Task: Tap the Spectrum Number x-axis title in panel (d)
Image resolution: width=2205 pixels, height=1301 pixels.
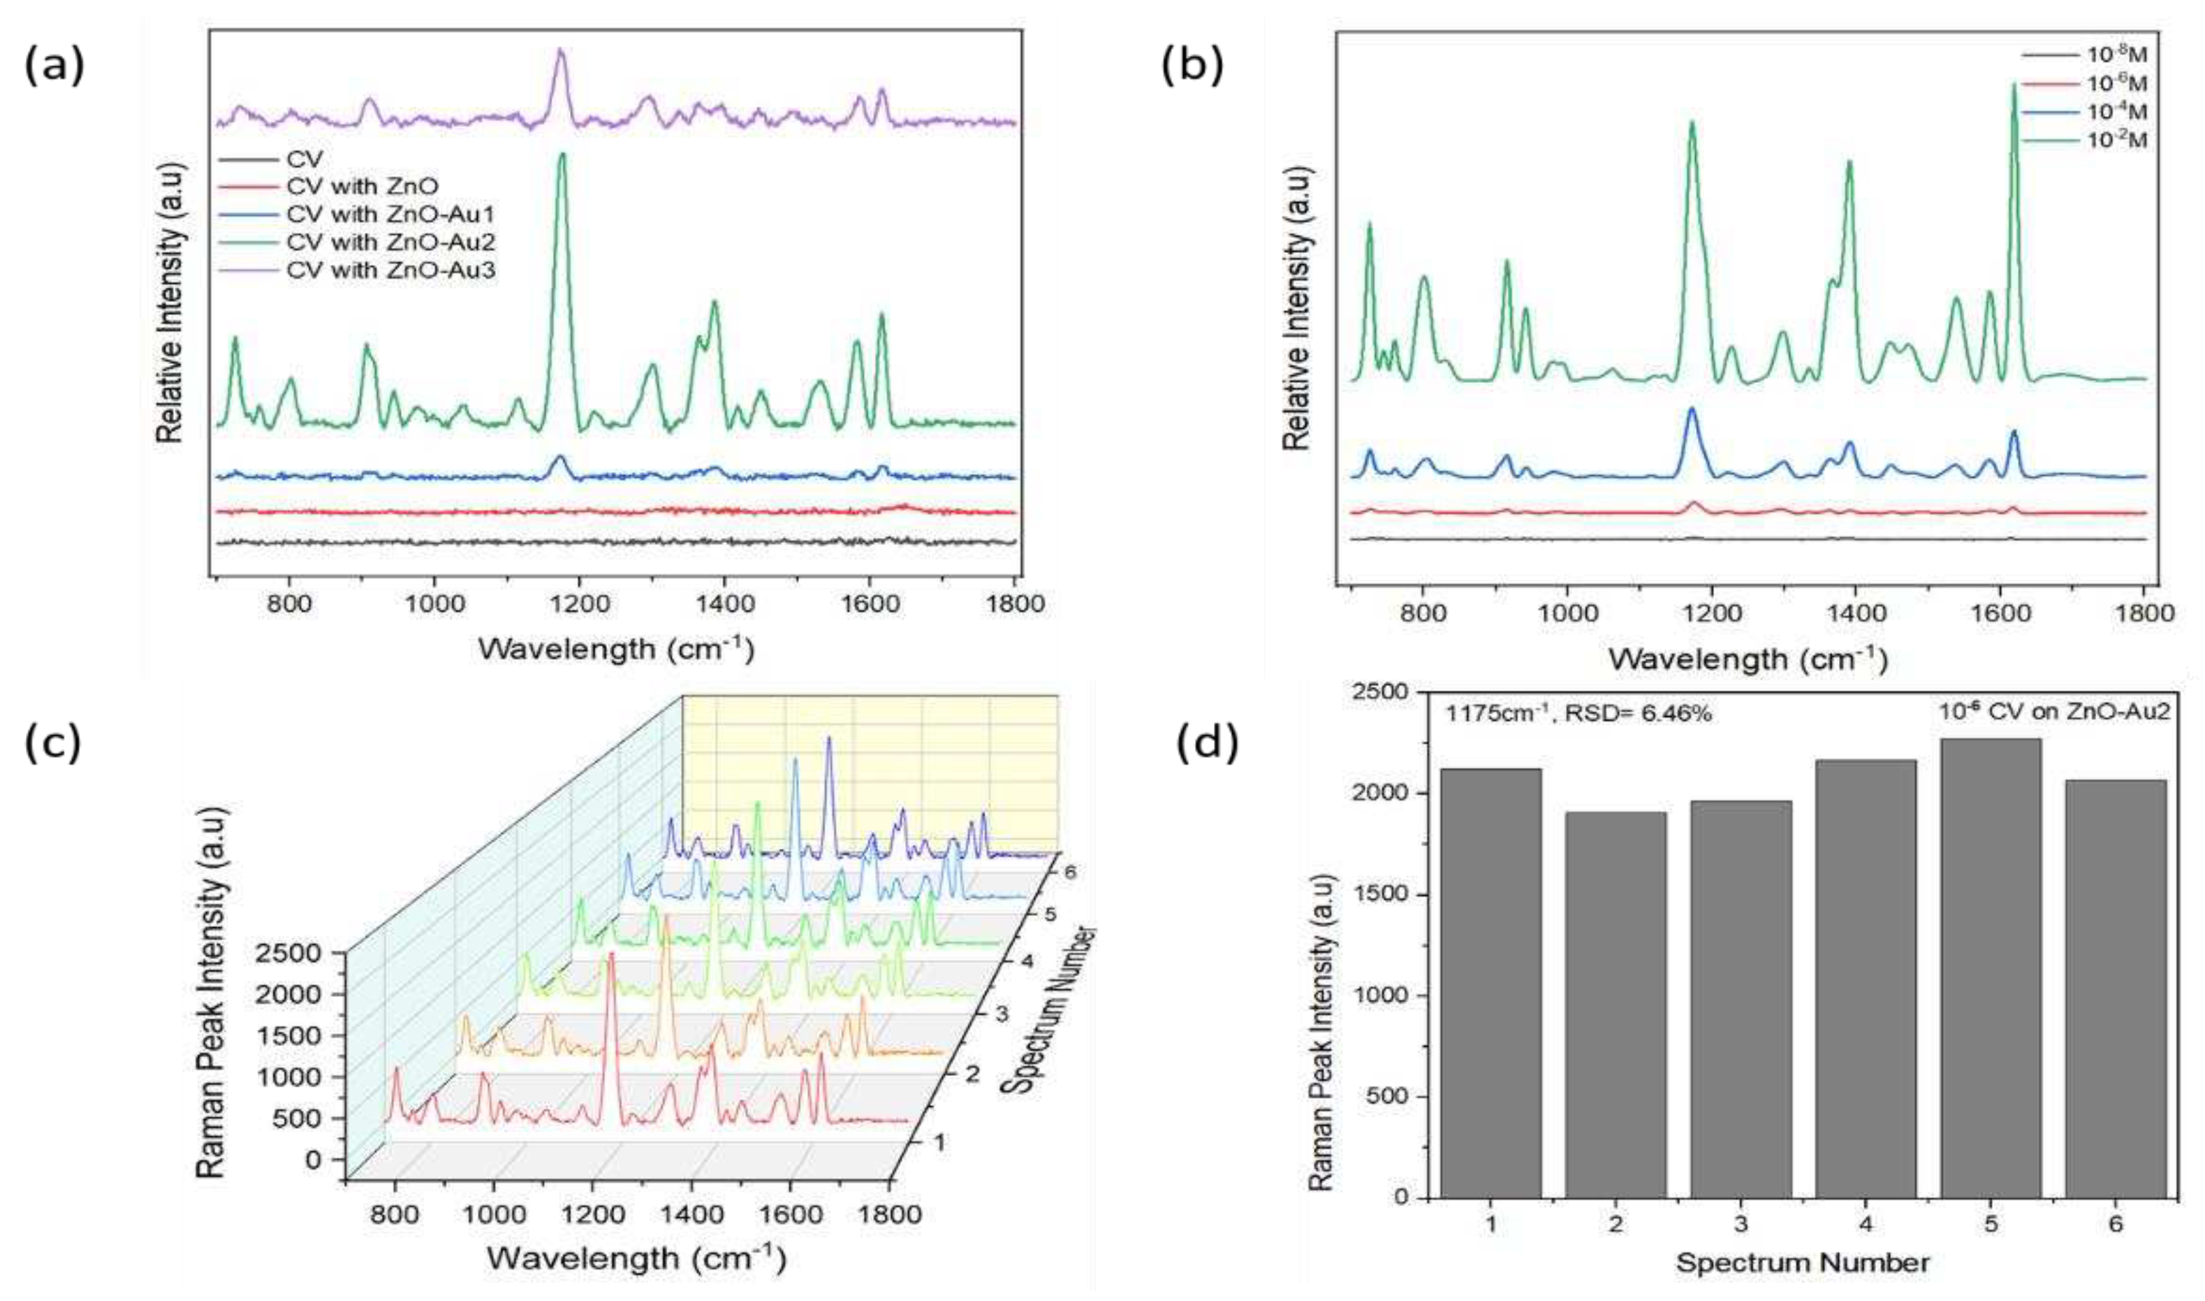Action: (1802, 1263)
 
